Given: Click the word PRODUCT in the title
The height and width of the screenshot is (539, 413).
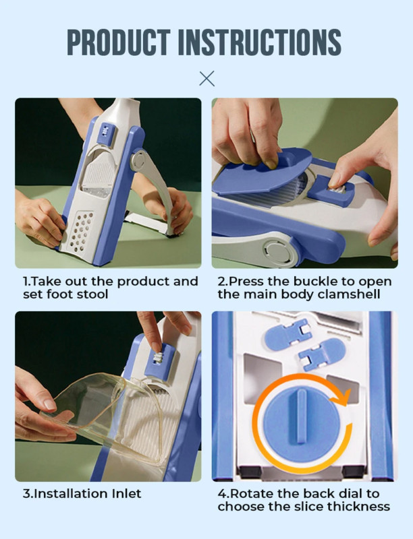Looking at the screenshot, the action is point(119,42).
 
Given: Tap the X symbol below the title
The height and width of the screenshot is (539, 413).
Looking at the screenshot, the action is point(207,78).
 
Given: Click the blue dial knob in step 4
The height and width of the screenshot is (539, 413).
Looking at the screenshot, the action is point(302,423).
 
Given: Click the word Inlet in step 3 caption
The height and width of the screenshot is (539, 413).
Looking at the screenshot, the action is point(126,494).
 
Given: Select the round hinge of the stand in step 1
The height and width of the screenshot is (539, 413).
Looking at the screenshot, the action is point(138,160).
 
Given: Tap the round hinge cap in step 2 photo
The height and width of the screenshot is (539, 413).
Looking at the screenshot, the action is point(277,250).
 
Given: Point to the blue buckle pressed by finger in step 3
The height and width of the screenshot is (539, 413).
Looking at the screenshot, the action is point(160,361).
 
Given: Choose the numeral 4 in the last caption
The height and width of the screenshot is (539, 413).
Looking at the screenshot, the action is point(222,494).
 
